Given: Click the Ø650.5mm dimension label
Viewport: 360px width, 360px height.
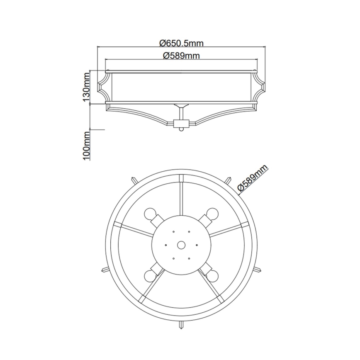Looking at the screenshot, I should [x=181, y=42].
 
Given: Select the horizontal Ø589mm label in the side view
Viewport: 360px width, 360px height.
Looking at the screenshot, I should [x=181, y=56].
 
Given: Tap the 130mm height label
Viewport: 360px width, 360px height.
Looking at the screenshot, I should [x=86, y=87].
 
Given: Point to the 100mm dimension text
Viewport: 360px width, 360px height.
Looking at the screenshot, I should [x=86, y=146].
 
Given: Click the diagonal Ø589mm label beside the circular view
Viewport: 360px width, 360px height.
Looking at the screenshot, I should [x=253, y=178].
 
